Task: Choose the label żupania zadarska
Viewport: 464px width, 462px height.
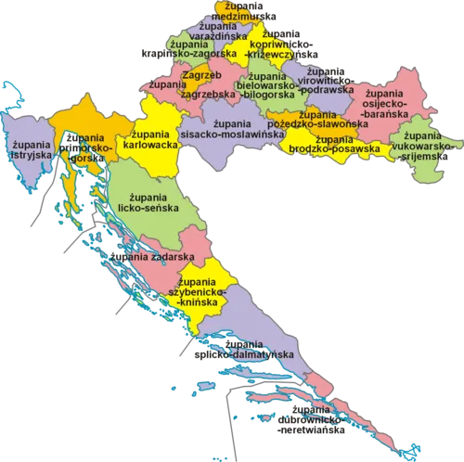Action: point(151,255)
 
